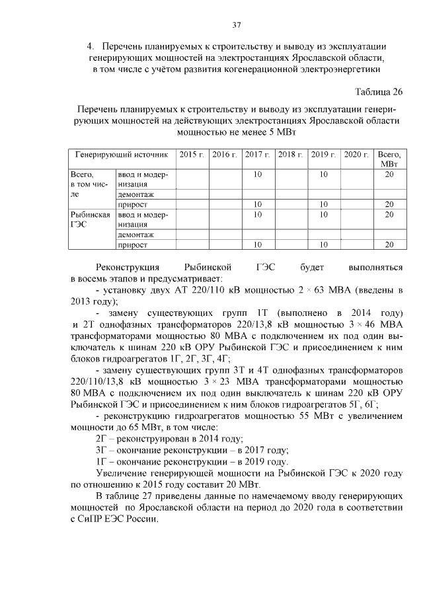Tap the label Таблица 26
click(x=378, y=91)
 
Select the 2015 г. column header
click(x=192, y=154)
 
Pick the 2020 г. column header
click(x=357, y=154)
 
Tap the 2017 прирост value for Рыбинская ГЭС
click(x=258, y=245)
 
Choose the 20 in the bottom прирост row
click(x=389, y=245)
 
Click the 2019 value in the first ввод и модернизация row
click(x=324, y=174)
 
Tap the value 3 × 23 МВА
click(x=205, y=381)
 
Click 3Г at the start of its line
click(x=101, y=449)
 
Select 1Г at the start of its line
click(x=101, y=461)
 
